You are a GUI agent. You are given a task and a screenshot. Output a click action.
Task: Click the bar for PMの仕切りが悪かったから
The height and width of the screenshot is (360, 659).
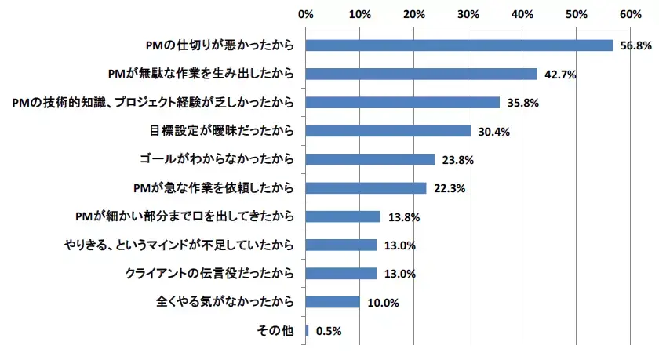[x=459, y=45]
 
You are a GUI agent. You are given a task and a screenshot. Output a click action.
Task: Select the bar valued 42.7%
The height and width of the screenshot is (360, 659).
[x=421, y=74]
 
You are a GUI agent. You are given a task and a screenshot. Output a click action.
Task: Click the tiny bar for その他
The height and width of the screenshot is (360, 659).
[x=308, y=330]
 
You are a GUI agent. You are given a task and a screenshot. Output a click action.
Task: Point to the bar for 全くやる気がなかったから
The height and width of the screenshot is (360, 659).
[x=333, y=302]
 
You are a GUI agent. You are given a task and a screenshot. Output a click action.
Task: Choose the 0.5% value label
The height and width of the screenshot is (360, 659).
[x=329, y=331]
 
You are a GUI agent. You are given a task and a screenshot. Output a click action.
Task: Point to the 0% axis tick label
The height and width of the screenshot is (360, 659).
[x=307, y=14]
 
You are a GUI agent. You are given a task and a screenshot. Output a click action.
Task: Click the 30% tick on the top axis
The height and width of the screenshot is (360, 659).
[x=468, y=14]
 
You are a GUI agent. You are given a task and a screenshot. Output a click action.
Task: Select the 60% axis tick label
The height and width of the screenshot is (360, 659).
[x=631, y=14]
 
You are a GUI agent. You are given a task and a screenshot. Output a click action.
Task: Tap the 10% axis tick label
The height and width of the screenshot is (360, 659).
[x=360, y=14]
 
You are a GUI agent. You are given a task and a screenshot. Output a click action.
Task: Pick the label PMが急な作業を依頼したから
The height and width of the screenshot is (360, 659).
[x=215, y=188]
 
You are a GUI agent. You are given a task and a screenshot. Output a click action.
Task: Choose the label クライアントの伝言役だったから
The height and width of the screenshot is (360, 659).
[x=210, y=274]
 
